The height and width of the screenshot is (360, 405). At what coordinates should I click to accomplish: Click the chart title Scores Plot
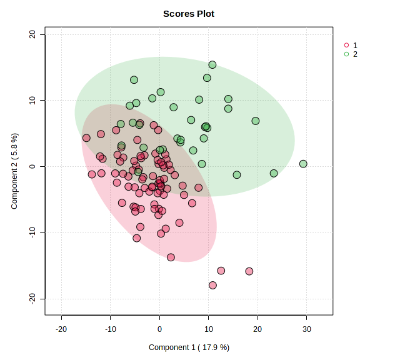pyautogui.click(x=189, y=14)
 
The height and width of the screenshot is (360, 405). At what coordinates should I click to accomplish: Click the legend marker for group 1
pyautogui.click(x=347, y=46)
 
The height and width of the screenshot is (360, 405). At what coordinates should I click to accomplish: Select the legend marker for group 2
pyautogui.click(x=347, y=54)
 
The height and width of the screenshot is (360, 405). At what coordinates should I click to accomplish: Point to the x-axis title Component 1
pyautogui.click(x=189, y=347)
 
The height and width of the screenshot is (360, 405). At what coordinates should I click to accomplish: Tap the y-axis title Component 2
pyautogui.click(x=14, y=171)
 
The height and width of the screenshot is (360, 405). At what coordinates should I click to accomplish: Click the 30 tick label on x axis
pyautogui.click(x=306, y=329)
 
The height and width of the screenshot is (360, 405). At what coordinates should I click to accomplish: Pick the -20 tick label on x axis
pyautogui.click(x=61, y=329)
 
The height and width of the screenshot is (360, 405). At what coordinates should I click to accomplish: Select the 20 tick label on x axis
pyautogui.click(x=257, y=329)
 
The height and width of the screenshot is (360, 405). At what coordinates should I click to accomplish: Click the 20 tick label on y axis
pyautogui.click(x=33, y=34)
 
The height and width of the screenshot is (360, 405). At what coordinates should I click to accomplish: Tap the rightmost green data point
pyautogui.click(x=303, y=164)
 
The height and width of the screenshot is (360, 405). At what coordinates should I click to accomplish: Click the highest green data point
pyautogui.click(x=212, y=65)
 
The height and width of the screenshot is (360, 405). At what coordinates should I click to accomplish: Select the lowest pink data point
pyautogui.click(x=212, y=285)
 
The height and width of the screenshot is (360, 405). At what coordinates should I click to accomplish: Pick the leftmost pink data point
pyautogui.click(x=86, y=138)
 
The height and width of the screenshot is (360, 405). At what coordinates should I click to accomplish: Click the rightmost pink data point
pyautogui.click(x=249, y=271)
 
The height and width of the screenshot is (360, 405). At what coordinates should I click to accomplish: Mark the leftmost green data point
pyautogui.click(x=121, y=124)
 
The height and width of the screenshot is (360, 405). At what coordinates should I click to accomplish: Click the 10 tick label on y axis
pyautogui.click(x=33, y=100)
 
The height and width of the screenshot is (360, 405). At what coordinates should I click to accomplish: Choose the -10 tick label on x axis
pyautogui.click(x=111, y=329)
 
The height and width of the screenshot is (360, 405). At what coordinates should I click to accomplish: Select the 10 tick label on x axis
pyautogui.click(x=208, y=329)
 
